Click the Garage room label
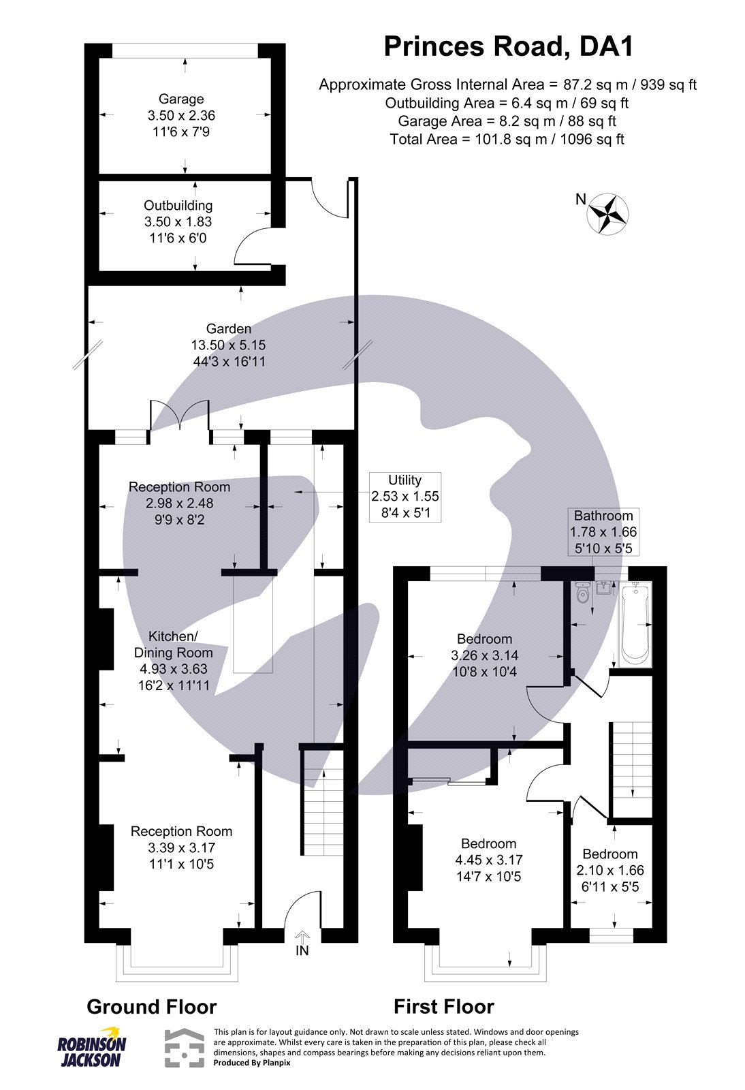pos(181,99)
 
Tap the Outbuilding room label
pos(178,206)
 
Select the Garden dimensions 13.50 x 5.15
pos(229,345)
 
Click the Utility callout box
pos(405,497)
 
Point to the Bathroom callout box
pos(603,532)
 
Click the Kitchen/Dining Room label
pos(173,644)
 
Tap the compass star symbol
pos(607,215)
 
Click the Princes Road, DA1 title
pos(508,47)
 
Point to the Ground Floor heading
pos(151,1007)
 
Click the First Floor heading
pos(443,1007)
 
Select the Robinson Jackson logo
pos(91,1047)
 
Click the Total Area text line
pos(507,140)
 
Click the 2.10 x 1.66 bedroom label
pos(610,870)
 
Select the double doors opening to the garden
pos(178,416)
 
